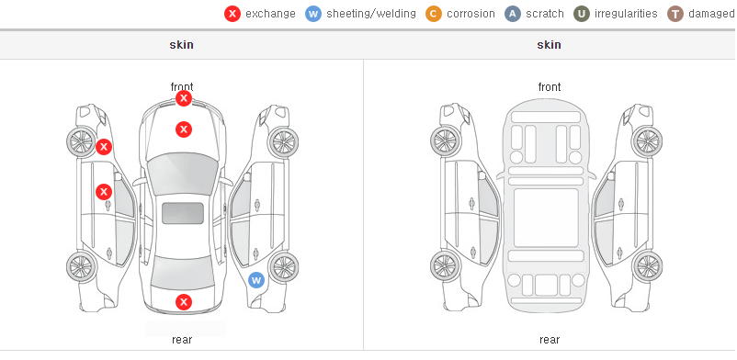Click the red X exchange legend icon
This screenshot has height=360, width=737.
point(232,14)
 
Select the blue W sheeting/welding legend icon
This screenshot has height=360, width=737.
point(313,14)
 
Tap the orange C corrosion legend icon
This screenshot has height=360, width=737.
point(434,14)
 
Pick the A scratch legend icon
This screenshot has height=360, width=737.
point(513,14)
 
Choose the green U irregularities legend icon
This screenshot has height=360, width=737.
point(582,14)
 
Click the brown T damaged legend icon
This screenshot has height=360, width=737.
point(675,14)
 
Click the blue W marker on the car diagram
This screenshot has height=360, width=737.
point(256,281)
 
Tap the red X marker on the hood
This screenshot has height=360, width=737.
point(184,129)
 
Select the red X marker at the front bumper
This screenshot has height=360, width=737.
point(184,98)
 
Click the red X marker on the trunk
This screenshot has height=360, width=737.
point(184,302)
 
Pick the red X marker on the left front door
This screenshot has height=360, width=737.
point(104,192)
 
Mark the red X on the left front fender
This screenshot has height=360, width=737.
point(104,147)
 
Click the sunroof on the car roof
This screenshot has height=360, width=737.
point(183,213)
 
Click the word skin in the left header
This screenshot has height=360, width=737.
point(181,45)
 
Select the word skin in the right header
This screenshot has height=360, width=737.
point(549,45)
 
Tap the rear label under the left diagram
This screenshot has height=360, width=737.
point(182,340)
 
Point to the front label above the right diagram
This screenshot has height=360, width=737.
point(550,87)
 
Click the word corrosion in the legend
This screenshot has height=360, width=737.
point(471,14)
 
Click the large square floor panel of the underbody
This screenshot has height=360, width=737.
point(546,218)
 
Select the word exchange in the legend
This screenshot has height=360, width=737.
point(270,14)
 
